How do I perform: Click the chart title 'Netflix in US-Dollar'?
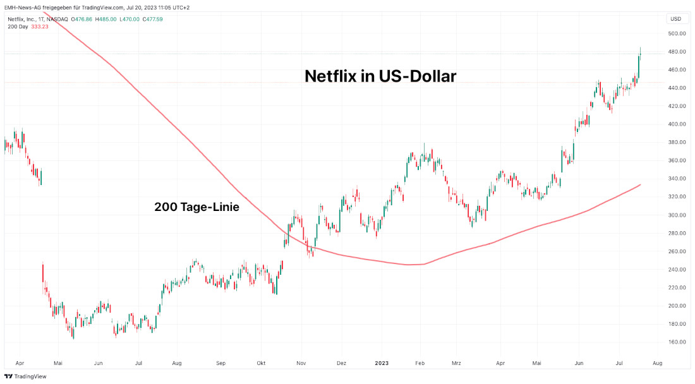coord(380,76)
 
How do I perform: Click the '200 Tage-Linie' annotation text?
coord(196,207)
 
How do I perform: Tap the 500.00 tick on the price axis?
coord(677,33)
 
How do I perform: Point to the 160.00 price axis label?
coord(677,342)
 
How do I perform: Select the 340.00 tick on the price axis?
coord(677,179)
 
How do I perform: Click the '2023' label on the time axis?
coord(381,363)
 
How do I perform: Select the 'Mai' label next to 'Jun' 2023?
coord(537,363)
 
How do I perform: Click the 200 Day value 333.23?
coord(39,27)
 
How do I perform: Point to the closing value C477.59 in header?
coord(152,19)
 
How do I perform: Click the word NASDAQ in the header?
coord(56,19)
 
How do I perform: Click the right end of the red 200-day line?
coord(641,185)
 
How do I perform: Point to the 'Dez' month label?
coord(342,363)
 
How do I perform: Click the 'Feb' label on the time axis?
coord(420,363)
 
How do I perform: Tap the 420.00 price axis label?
coord(677,106)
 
